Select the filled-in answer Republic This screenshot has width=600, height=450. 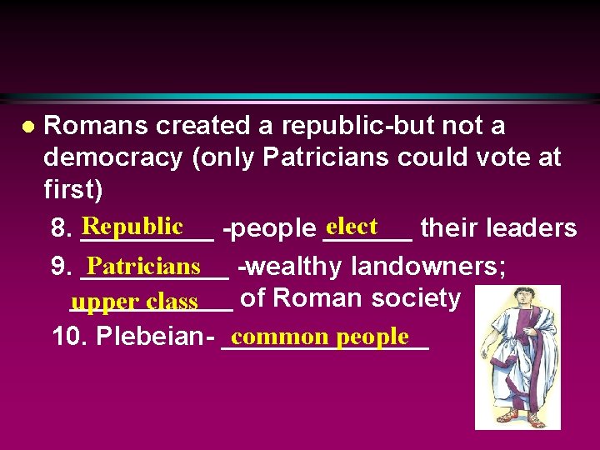click(x=132, y=226)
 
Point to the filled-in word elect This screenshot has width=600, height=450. click(x=352, y=226)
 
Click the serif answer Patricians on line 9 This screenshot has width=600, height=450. click(x=143, y=266)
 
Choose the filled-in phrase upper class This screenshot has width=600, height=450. click(x=134, y=301)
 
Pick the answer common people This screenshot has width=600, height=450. click(x=321, y=337)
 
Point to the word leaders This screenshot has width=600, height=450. click(x=535, y=227)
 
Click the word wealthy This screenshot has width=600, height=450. click(x=294, y=267)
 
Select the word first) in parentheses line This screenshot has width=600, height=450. click(x=73, y=190)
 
